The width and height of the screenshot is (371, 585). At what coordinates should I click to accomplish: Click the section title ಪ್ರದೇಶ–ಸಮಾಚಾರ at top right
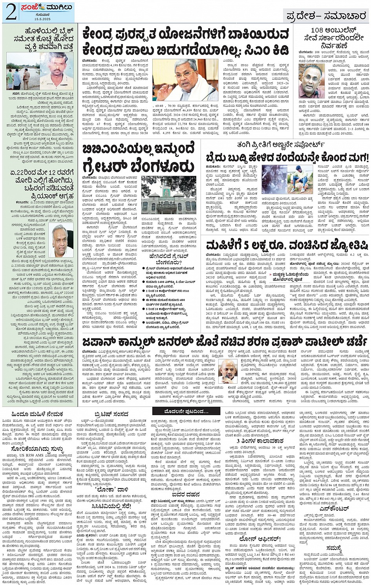(326, 16)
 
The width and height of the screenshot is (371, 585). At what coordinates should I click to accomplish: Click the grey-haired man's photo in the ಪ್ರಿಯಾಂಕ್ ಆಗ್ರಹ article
(62, 241)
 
